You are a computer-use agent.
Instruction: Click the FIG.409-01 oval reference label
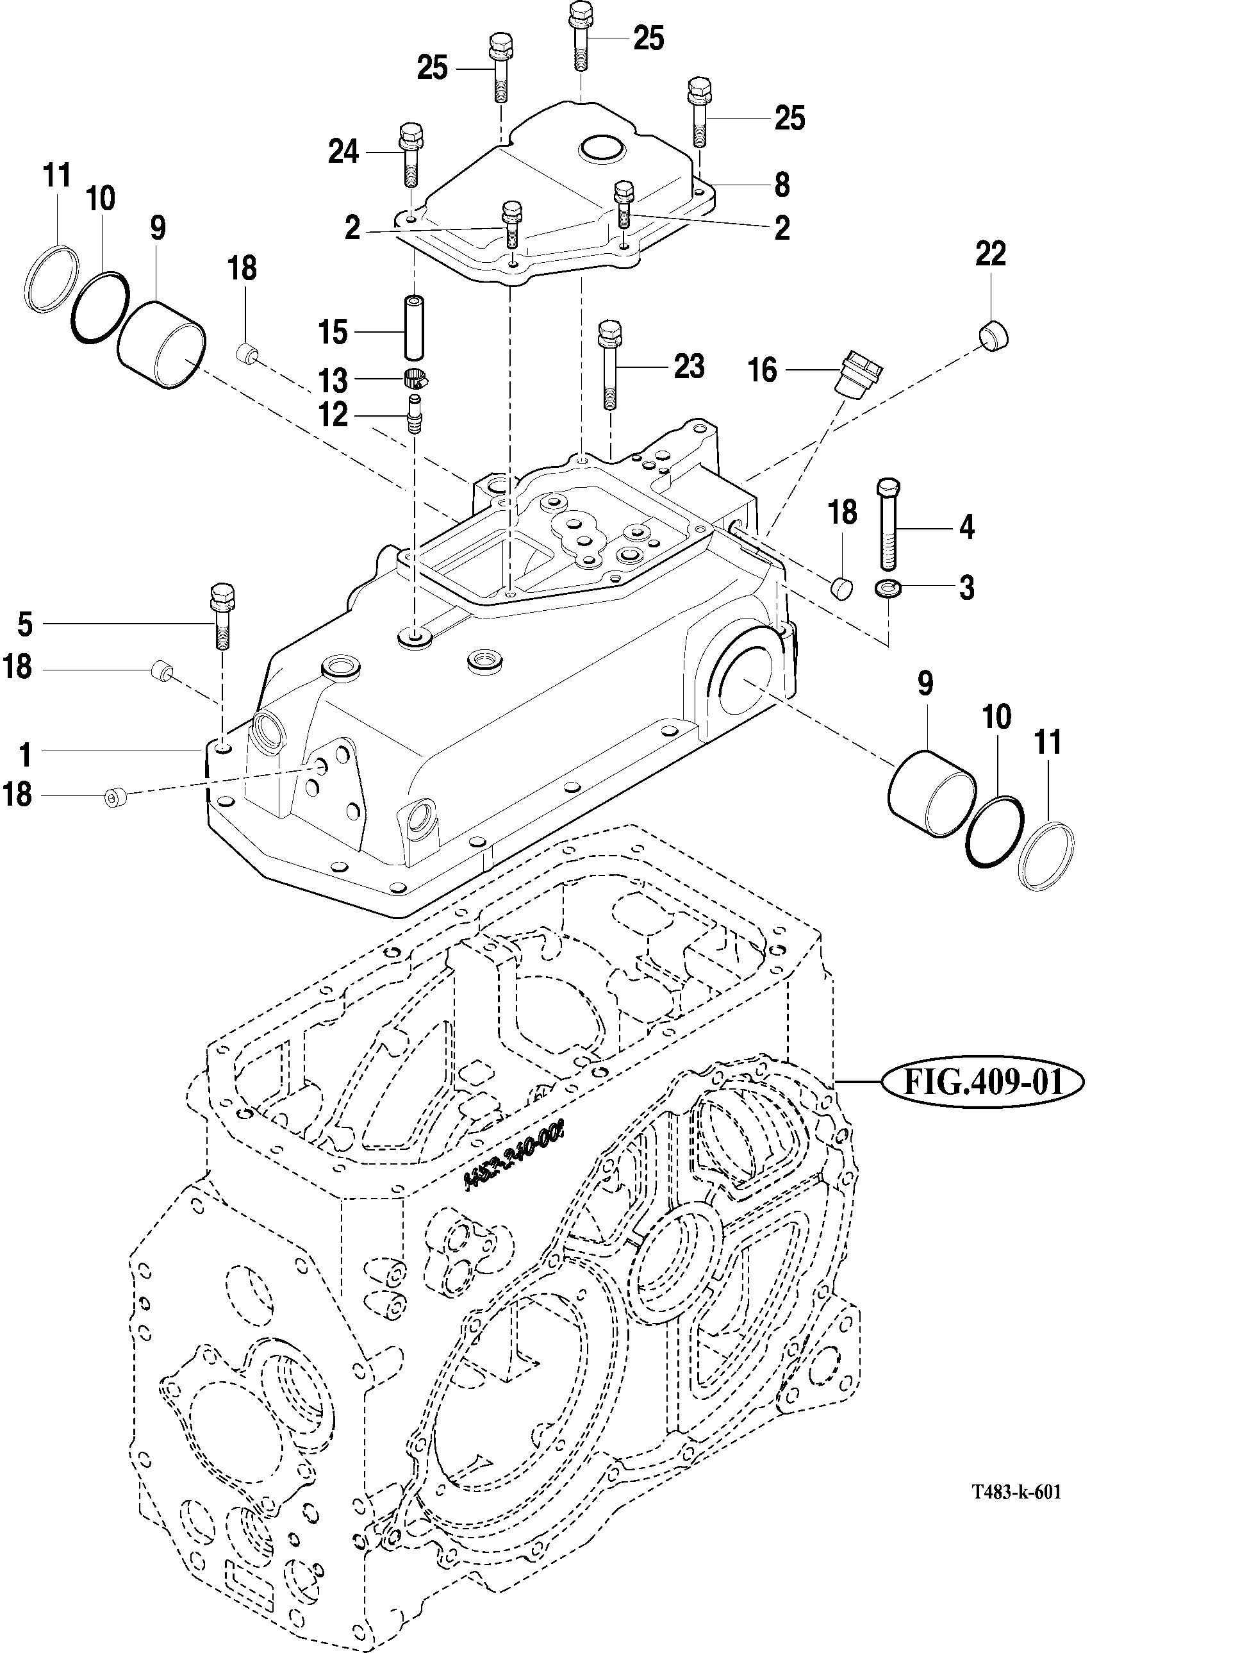[x=982, y=1082]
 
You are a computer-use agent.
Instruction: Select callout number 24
[x=344, y=153]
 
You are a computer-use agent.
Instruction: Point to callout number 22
[x=991, y=254]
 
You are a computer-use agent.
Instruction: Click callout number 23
[x=688, y=367]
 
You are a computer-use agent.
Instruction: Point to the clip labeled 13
[x=414, y=379]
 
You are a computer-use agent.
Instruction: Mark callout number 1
[x=24, y=754]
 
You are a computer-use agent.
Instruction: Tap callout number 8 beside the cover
[x=782, y=185]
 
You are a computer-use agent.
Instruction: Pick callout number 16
[x=763, y=370]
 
